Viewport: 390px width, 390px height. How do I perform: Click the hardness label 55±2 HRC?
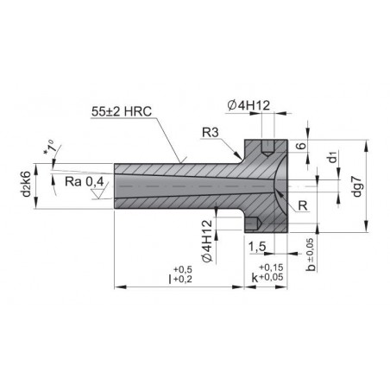[122, 111]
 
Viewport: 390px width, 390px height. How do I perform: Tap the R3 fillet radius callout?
[211, 133]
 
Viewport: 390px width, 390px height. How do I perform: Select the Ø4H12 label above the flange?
[248, 106]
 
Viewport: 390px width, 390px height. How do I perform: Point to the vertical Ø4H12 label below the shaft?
[207, 241]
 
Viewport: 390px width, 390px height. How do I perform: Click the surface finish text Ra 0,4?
[85, 182]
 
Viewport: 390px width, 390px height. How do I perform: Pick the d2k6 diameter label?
[26, 184]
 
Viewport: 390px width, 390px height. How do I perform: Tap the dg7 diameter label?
[356, 186]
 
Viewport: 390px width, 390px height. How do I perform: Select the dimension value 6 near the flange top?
[301, 146]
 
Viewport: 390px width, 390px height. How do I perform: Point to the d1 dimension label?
[332, 157]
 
